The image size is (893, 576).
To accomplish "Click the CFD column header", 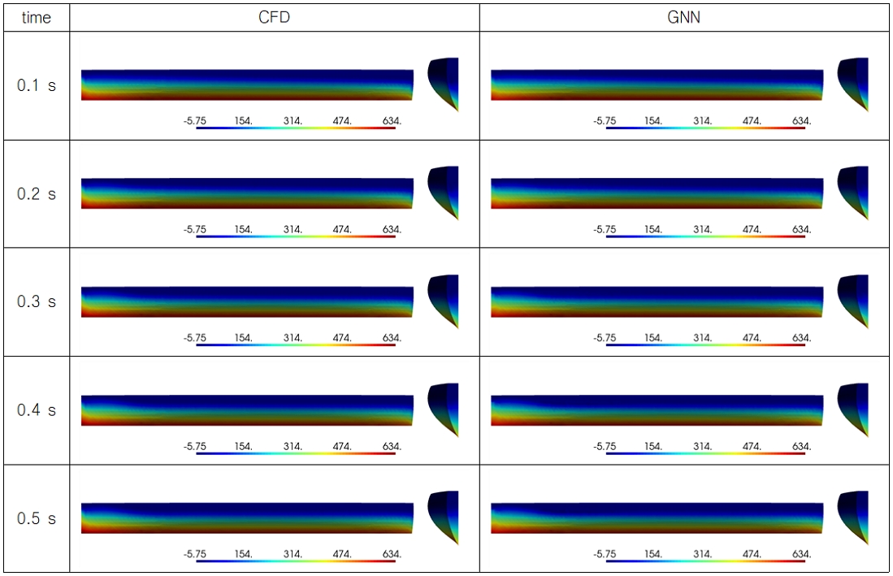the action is tap(274, 17).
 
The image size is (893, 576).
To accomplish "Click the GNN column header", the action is tap(683, 17).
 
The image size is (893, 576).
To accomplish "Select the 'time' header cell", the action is tap(37, 18).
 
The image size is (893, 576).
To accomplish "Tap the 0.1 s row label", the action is tap(37, 85).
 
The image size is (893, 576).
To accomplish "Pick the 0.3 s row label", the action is tap(37, 301).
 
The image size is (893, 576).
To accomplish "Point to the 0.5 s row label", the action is tap(37, 518).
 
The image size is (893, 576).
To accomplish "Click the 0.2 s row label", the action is tap(37, 194).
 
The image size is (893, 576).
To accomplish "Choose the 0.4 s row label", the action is tap(37, 409).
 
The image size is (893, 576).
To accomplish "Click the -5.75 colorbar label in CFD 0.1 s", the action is tap(195, 121).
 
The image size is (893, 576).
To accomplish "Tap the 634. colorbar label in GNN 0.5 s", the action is tap(801, 554).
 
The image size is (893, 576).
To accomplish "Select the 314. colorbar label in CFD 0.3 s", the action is tap(293, 337).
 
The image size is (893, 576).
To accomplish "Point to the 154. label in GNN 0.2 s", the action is tap(653, 229).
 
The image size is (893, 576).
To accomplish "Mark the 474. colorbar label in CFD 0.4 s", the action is tap(342, 446).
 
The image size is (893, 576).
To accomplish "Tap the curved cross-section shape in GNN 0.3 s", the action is tap(853, 300).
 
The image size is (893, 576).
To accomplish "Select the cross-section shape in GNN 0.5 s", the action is tap(853, 516).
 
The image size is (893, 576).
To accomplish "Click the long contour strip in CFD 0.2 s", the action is tap(247, 193).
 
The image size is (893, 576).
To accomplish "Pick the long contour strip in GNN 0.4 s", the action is tap(657, 409).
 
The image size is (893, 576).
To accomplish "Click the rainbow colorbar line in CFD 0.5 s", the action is tap(296, 561).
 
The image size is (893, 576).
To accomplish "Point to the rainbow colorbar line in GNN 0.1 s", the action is tap(705, 128).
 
